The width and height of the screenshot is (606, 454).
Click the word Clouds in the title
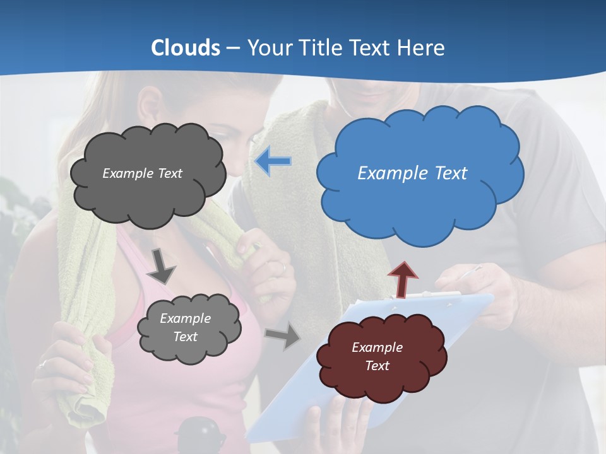click(186, 48)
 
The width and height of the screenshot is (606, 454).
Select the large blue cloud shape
click(420, 202)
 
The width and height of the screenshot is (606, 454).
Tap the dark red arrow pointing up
click(402, 278)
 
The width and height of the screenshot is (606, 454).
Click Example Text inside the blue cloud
click(412, 173)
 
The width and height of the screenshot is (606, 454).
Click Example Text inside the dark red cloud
click(377, 356)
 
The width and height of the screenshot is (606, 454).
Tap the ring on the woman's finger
click(43, 364)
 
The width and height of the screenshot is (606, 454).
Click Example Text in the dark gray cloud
click(142, 173)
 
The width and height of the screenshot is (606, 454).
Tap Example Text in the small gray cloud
click(185, 327)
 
